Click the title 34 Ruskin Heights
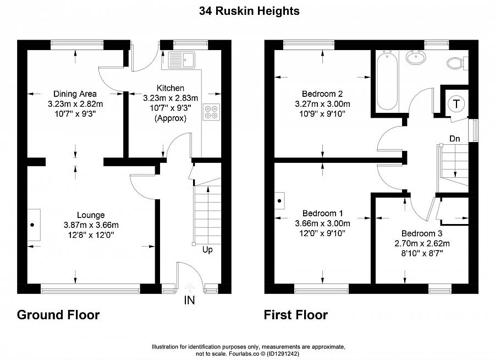point(249,11)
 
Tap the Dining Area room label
point(75,94)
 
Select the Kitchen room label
point(170,88)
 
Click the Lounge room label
point(91,215)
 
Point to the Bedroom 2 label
point(323,94)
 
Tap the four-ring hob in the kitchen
point(211,112)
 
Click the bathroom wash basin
point(414,57)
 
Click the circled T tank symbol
point(456,103)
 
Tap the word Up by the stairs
point(207,250)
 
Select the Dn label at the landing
point(454,139)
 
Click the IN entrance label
point(189,301)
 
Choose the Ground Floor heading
point(58,315)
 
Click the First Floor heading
point(295,315)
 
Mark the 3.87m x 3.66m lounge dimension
point(91,225)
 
